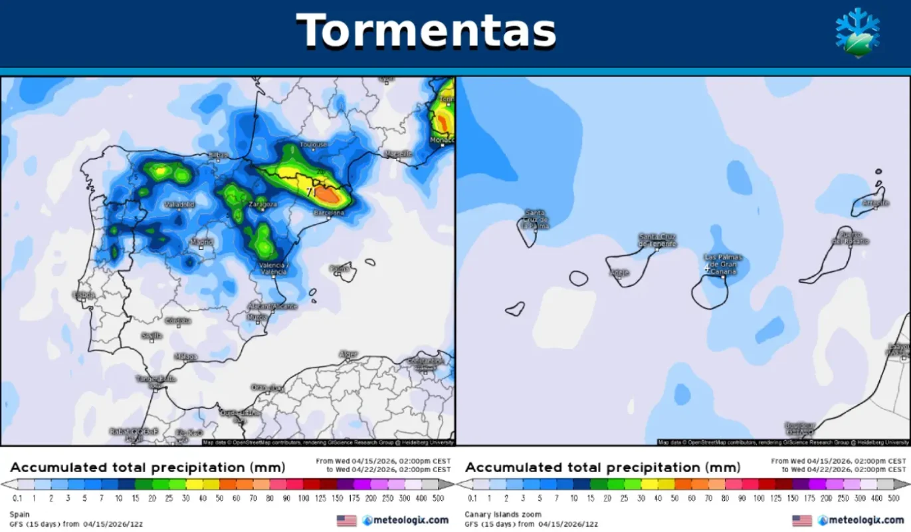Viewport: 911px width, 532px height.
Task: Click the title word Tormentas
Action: click(425, 31)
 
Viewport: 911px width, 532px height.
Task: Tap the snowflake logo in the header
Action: click(857, 31)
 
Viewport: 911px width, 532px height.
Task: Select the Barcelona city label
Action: click(328, 213)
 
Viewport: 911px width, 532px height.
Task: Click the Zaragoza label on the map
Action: click(262, 204)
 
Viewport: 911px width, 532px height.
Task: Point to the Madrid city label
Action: click(201, 242)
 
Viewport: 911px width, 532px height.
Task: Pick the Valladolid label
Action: click(179, 205)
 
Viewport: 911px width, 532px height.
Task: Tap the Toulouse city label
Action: click(314, 144)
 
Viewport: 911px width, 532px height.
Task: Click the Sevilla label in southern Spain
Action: click(152, 336)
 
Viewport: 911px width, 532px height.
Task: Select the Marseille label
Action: click(398, 154)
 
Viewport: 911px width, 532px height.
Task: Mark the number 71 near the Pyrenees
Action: click(310, 192)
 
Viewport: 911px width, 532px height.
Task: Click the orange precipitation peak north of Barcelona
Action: click(327, 194)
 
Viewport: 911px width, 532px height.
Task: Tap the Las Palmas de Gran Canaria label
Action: click(723, 263)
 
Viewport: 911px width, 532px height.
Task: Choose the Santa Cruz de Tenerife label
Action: click(657, 240)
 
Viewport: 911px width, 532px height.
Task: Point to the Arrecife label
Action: click(875, 203)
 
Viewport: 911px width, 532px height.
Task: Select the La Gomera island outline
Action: click(579, 278)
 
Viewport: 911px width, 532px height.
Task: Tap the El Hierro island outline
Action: click(514, 309)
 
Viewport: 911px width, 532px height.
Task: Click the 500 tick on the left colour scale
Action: click(439, 498)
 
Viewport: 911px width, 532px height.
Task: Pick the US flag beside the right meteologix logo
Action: click(802, 520)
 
